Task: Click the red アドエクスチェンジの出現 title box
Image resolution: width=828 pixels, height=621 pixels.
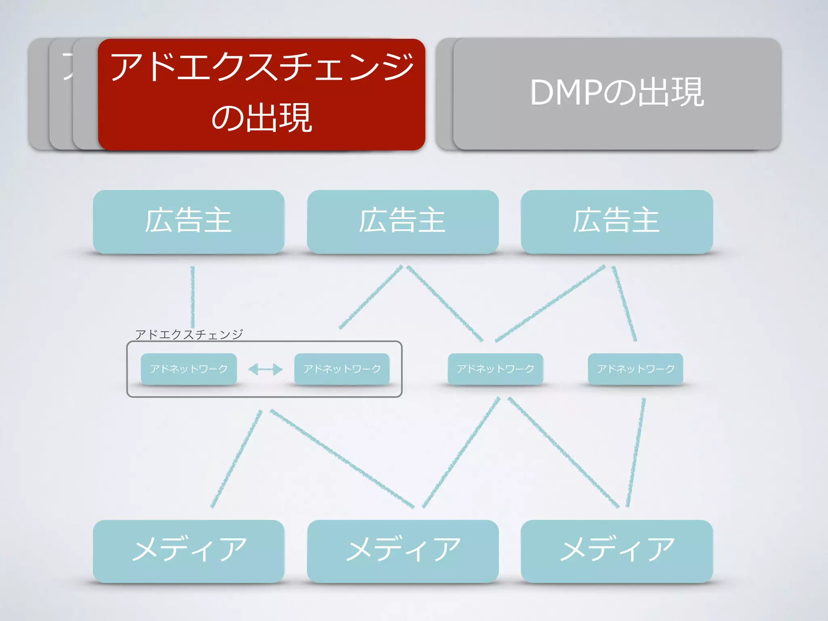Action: click(261, 94)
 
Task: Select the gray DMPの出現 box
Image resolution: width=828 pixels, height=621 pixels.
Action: click(617, 94)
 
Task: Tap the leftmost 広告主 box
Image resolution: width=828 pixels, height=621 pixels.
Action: click(188, 222)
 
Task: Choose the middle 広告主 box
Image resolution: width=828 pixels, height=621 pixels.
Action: click(403, 222)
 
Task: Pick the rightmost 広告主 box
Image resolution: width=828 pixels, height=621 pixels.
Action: click(617, 222)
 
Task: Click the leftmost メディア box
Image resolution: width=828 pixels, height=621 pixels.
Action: click(188, 551)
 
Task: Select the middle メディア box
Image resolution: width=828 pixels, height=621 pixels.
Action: click(403, 551)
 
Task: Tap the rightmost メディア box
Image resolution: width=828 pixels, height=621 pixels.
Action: click(617, 551)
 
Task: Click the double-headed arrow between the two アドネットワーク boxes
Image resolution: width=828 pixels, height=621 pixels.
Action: click(265, 369)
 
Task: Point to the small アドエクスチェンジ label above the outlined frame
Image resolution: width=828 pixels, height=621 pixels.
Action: click(189, 334)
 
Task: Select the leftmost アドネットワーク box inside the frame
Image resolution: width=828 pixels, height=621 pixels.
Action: click(188, 369)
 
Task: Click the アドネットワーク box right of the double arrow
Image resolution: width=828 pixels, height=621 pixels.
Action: click(342, 369)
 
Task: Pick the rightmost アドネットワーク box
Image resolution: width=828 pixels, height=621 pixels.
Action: click(636, 369)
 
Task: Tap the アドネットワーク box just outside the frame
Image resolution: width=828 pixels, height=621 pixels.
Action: click(495, 369)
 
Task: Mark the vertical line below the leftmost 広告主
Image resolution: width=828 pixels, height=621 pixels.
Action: click(193, 297)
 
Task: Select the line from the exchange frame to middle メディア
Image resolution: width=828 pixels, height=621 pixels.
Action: click(342, 458)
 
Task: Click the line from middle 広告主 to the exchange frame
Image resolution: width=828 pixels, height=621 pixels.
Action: click(371, 297)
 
